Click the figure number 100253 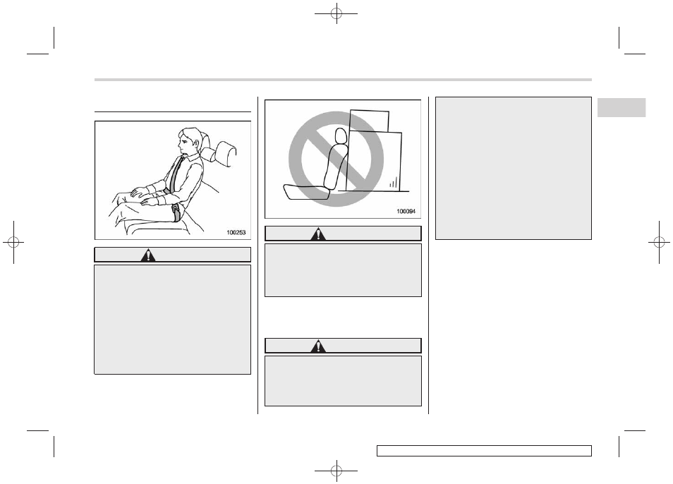pos(236,233)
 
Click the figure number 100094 pos(406,211)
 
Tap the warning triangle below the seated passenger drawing pos(148,255)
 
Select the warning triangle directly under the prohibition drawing pos(318,234)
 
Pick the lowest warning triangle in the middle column pos(318,346)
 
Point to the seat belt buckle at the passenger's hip pos(176,213)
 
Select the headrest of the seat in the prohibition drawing pos(340,136)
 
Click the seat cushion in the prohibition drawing pos(306,192)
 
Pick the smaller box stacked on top pos(369,121)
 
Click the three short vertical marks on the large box pos(393,183)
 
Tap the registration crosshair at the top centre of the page pos(336,13)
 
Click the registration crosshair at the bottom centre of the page pos(336,471)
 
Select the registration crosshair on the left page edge pos(13,243)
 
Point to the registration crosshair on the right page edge pos(660,243)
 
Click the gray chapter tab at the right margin pos(622,108)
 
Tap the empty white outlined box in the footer pos(484,451)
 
